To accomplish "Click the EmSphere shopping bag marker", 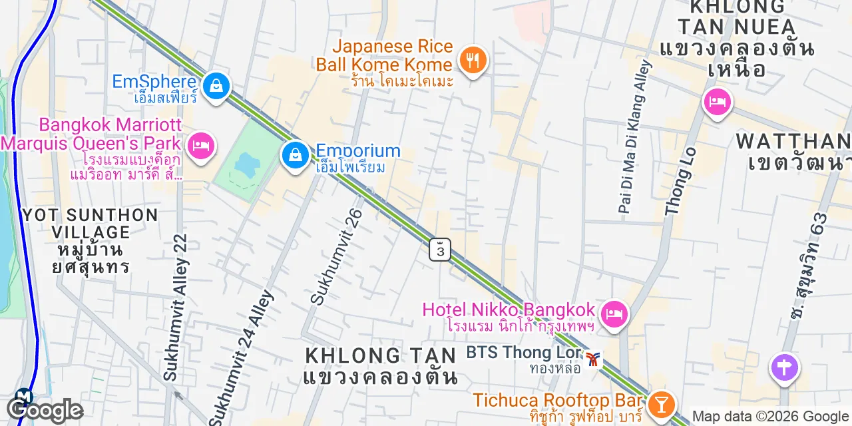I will tap(216, 86).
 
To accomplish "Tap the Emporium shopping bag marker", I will tap(294, 156).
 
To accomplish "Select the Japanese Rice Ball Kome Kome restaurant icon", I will tap(473, 61).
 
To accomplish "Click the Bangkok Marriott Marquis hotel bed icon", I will tap(200, 145).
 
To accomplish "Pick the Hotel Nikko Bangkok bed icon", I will tap(614, 312).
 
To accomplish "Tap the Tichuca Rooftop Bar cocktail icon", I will tap(661, 402).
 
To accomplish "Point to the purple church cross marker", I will tap(784, 367).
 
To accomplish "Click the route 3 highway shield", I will tap(439, 250).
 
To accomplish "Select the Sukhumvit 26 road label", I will tap(337, 256).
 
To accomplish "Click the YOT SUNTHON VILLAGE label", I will tap(90, 240).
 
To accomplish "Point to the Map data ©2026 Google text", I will tap(771, 417).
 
